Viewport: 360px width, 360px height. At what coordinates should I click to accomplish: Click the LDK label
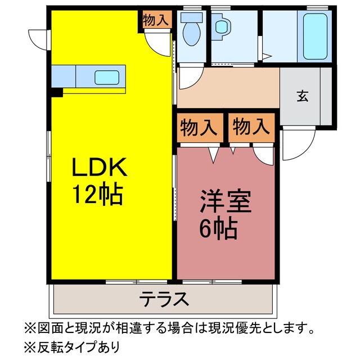101,168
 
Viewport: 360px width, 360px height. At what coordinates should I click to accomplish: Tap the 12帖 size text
97,195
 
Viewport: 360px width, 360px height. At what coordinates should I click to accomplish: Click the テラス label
164,299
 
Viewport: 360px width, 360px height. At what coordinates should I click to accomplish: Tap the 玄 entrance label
302,96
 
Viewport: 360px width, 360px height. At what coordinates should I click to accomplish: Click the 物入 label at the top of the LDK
156,20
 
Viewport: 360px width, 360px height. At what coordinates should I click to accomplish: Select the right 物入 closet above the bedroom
251,127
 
